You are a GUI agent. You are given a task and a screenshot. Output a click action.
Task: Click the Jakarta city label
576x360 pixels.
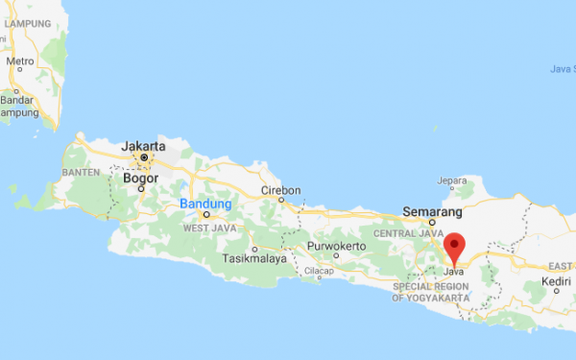(144, 146)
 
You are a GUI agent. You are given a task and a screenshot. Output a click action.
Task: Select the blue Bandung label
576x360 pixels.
(205, 204)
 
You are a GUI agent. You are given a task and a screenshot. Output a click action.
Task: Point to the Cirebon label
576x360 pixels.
(281, 190)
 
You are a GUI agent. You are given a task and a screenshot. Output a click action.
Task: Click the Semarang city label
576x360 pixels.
(433, 211)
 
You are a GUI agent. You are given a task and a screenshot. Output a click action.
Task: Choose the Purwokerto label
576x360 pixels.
(337, 246)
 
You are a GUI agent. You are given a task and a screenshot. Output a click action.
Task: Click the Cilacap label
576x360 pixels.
(319, 272)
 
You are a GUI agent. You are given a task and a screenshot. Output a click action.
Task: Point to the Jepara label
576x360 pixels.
(451, 180)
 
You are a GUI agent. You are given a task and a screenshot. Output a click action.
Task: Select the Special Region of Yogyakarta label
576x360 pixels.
(431, 293)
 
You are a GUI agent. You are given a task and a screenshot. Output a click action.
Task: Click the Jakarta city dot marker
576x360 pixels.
(144, 156)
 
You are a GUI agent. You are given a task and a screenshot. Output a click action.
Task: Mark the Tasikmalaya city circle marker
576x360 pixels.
(255, 248)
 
